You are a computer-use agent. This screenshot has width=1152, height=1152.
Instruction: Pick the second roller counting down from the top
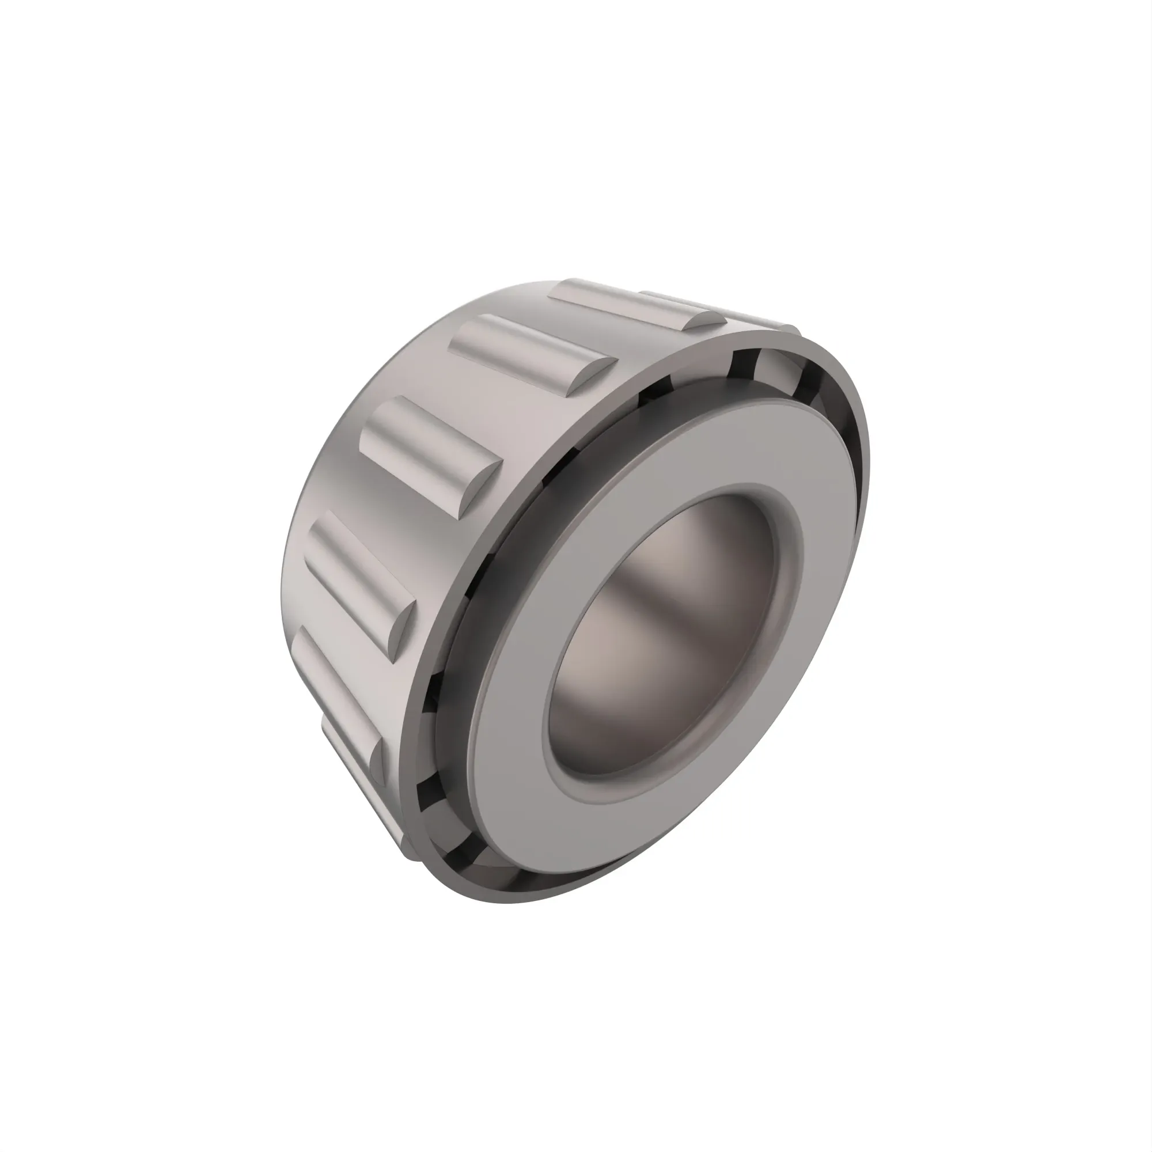click(x=525, y=352)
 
